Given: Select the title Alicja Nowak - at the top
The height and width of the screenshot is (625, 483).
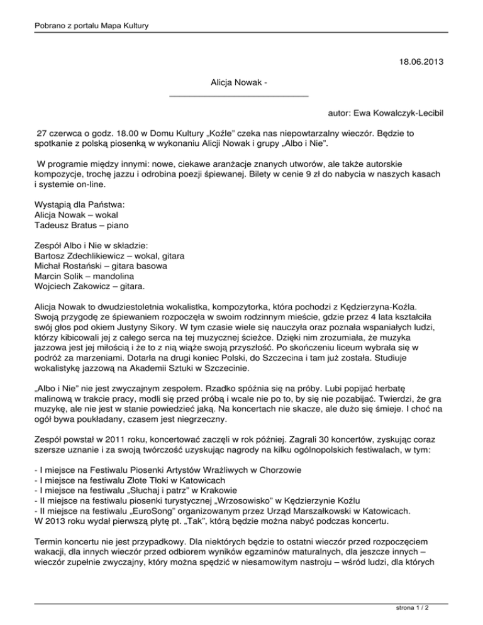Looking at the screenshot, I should point(240,83).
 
